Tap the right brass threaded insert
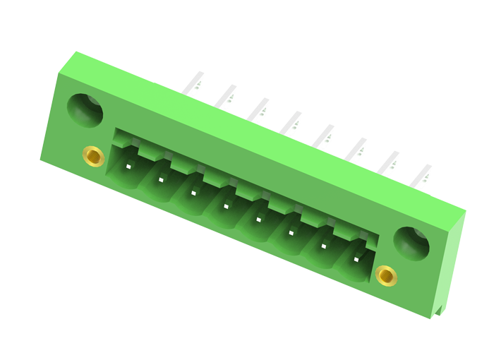coord(386,275)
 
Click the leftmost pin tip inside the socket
coord(128,167)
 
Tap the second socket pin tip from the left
coord(161,180)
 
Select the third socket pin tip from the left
coord(193,193)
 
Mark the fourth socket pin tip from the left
coord(226,206)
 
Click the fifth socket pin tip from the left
coord(258,220)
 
